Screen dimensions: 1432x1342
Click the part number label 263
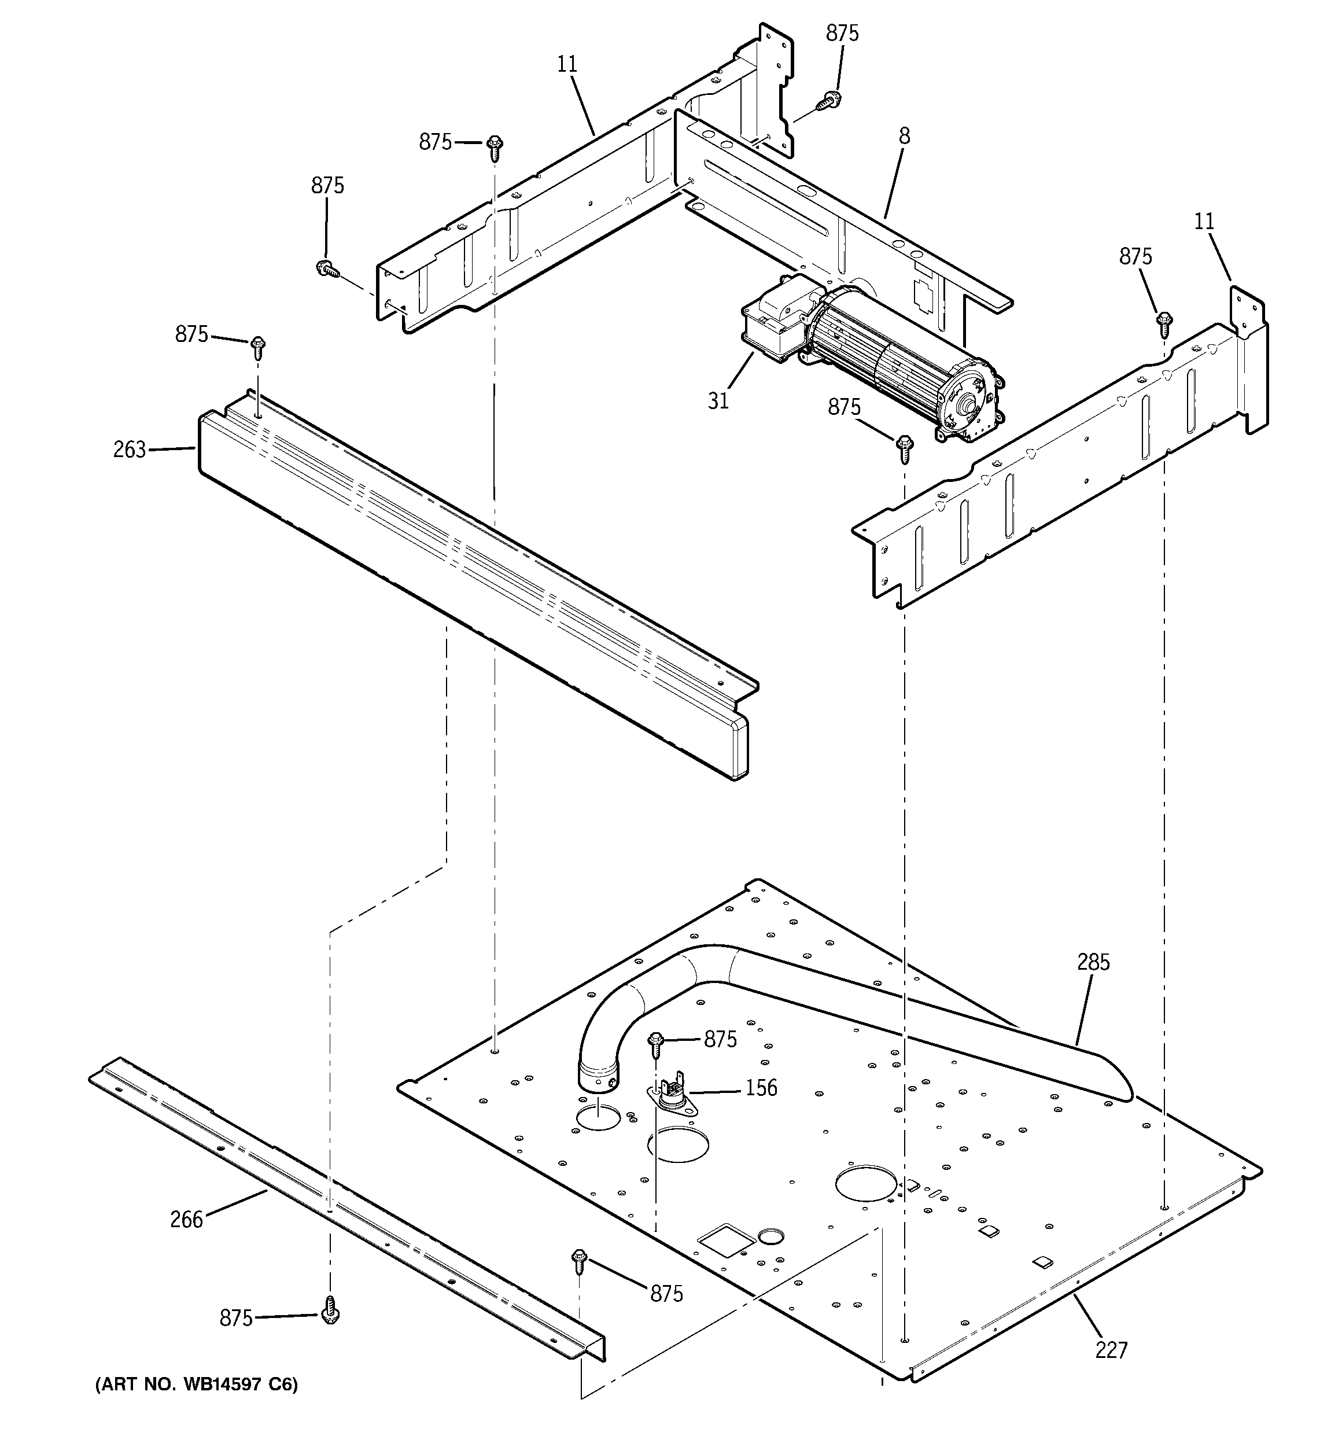tap(129, 450)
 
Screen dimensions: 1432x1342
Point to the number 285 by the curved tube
tap(1093, 962)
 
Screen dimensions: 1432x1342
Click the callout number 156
tap(761, 1088)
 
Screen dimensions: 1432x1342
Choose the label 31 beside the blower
tap(718, 401)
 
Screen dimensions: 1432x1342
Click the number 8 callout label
tap(904, 136)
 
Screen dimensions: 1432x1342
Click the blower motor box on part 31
tap(775, 321)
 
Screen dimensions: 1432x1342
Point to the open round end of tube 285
tap(599, 1078)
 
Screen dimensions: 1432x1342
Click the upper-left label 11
tap(567, 64)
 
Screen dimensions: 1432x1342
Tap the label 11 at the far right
tap(1204, 222)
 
